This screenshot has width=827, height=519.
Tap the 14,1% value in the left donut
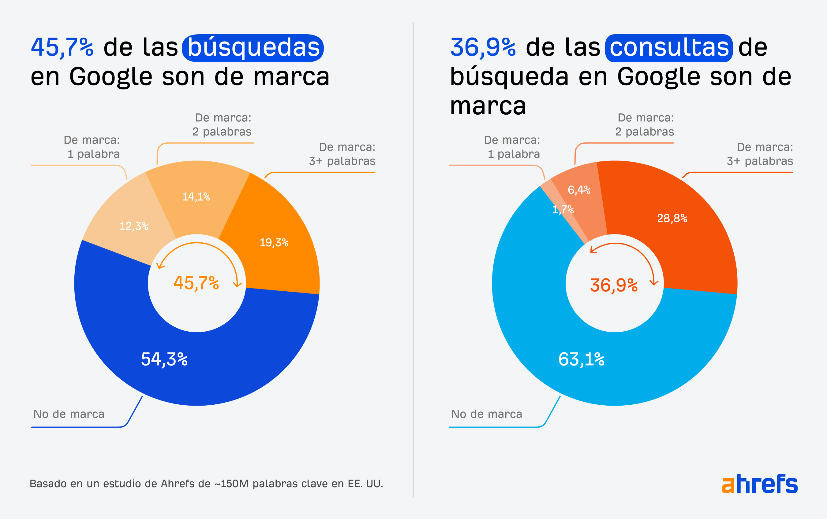pyautogui.click(x=196, y=197)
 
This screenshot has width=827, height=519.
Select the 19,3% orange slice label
pyautogui.click(x=274, y=243)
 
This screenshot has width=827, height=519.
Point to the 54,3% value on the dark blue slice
pyautogui.click(x=164, y=359)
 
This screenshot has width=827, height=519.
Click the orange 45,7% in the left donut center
pyautogui.click(x=196, y=283)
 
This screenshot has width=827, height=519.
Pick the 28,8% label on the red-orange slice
pyautogui.click(x=672, y=218)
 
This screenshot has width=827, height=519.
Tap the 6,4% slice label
pyautogui.click(x=579, y=190)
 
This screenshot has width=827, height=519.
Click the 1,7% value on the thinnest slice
pyautogui.click(x=563, y=210)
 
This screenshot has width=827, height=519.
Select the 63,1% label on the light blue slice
pyautogui.click(x=581, y=359)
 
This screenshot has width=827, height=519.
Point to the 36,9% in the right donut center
pyautogui.click(x=613, y=285)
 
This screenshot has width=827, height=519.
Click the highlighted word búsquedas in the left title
pyautogui.click(x=253, y=48)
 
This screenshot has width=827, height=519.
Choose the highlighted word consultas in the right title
pyautogui.click(x=669, y=48)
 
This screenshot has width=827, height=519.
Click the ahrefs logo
pyautogui.click(x=759, y=484)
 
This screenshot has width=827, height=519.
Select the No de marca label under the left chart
pyautogui.click(x=69, y=414)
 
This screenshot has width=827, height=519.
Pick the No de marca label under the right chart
pyautogui.click(x=486, y=414)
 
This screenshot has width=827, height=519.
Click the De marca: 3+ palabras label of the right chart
pyautogui.click(x=760, y=154)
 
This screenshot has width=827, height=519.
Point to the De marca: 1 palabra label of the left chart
pyautogui.click(x=92, y=147)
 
